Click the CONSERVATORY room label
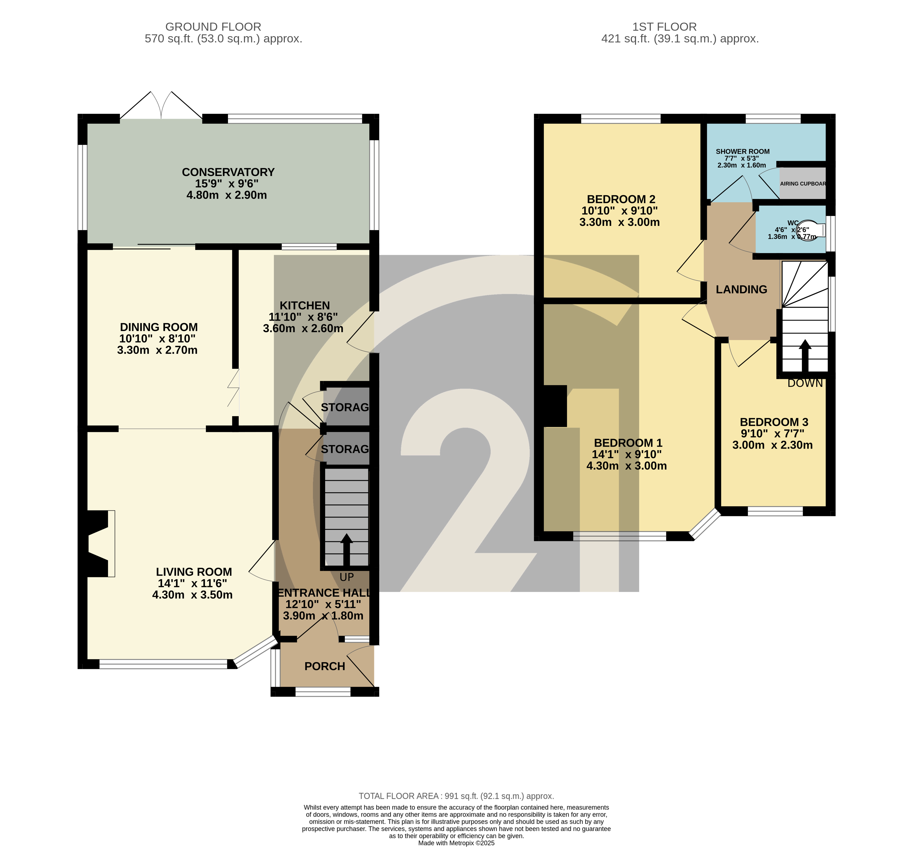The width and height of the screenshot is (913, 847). (x=228, y=172)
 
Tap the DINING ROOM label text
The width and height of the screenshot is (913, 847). (x=159, y=327)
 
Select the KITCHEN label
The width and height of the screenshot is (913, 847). (x=305, y=306)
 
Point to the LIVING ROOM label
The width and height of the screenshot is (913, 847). (x=193, y=572)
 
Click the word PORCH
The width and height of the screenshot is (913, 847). (x=325, y=666)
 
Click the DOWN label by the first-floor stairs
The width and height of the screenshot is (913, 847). (x=805, y=383)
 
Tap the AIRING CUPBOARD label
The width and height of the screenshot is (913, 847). (x=802, y=184)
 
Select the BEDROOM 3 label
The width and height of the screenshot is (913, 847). (x=774, y=422)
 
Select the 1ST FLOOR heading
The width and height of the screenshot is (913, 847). (x=664, y=27)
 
